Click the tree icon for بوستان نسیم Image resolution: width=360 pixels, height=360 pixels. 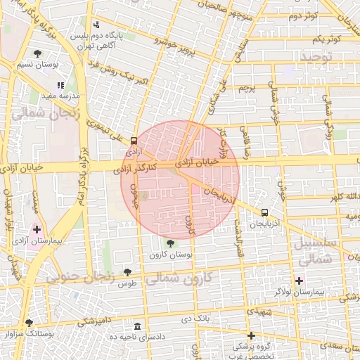pyautogui.click(x=37, y=53)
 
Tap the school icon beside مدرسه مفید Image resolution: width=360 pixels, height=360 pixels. pyautogui.click(x=60, y=84)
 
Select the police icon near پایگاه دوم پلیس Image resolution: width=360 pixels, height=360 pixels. pyautogui.click(x=96, y=25)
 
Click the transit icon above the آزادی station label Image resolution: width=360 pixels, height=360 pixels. pyautogui.click(x=134, y=140)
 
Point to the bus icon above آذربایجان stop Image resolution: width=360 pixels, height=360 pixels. pyautogui.click(x=264, y=212)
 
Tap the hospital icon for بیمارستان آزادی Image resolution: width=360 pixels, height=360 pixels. pyautogui.click(x=37, y=229)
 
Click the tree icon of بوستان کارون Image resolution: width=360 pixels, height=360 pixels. pyautogui.click(x=170, y=243)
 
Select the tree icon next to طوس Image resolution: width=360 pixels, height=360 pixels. pyautogui.click(x=127, y=272)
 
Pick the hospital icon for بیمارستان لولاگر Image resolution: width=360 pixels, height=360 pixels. pyautogui.click(x=300, y=281)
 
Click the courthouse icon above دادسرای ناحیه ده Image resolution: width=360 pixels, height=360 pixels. pyautogui.click(x=136, y=328)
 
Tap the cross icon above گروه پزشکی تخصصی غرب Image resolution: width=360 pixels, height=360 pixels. pyautogui.click(x=251, y=335)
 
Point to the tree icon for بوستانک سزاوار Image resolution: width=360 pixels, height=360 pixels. pyautogui.click(x=29, y=323)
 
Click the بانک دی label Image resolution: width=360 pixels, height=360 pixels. pyautogui.click(x=196, y=319)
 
